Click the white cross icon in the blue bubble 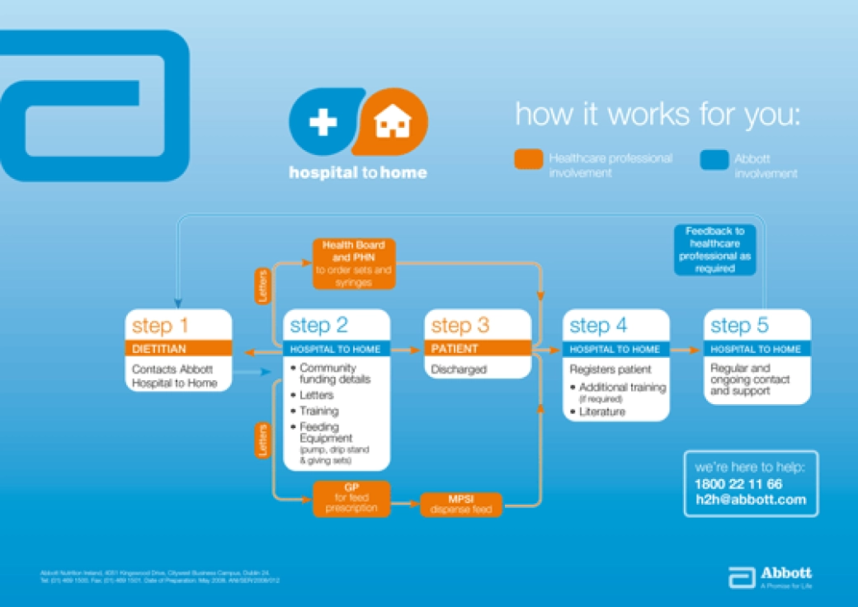coord(323,123)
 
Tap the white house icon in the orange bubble coord(392,123)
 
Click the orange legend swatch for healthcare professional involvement coord(528,159)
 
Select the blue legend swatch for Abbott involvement coord(714,159)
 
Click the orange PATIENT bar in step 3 coord(478,349)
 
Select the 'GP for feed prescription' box coord(351,498)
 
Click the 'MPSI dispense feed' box coord(461,504)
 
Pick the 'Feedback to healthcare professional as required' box coord(715,250)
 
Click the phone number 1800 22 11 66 coord(738,484)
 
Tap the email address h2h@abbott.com coord(750,500)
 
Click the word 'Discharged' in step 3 coord(459,370)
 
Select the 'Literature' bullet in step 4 coord(601,412)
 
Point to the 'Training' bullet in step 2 coord(318,411)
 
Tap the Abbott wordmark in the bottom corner coord(785,573)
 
